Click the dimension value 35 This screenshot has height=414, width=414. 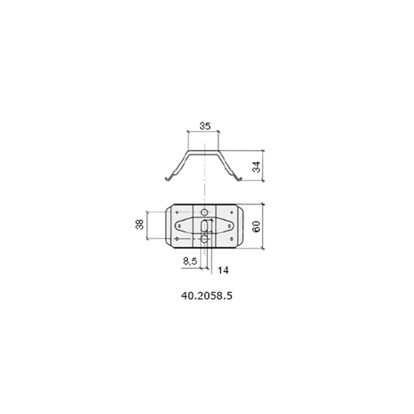click(205, 126)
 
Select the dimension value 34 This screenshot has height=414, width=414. click(256, 167)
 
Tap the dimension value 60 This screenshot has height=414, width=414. click(256, 227)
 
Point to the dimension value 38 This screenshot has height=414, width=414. click(139, 224)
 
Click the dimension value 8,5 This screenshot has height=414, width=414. click(190, 261)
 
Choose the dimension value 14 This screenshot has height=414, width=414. click(223, 270)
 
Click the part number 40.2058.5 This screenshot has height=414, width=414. click(207, 296)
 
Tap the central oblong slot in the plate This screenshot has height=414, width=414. click(205, 226)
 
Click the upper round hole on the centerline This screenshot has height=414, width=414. click(204, 212)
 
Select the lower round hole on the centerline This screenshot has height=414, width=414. click(204, 239)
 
